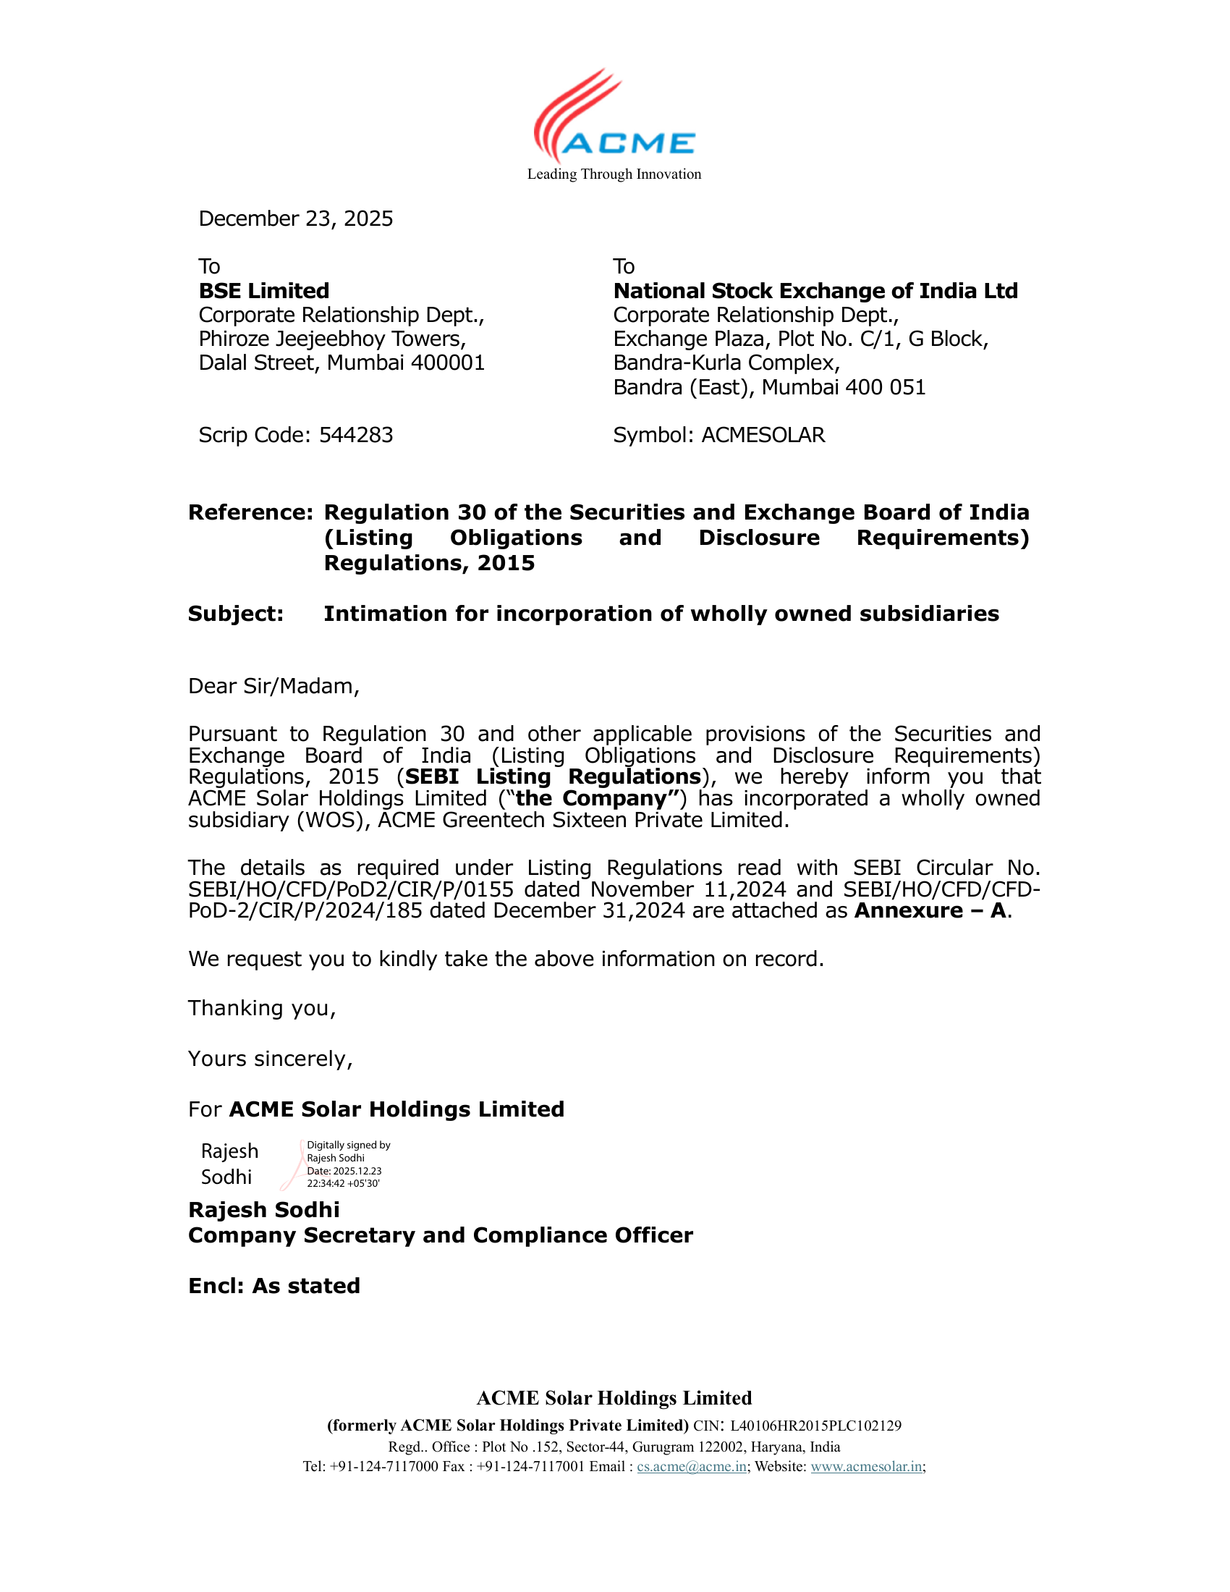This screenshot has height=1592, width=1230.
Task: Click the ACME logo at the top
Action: pyautogui.click(x=614, y=117)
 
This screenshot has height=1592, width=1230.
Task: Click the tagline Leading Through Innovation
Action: pyautogui.click(x=614, y=174)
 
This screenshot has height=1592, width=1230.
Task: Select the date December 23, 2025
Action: pyautogui.click(x=295, y=219)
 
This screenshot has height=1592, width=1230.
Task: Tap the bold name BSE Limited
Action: pyautogui.click(x=264, y=291)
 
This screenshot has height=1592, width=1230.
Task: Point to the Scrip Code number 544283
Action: pyautogui.click(x=356, y=435)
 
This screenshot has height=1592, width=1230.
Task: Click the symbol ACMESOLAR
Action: pyautogui.click(x=763, y=435)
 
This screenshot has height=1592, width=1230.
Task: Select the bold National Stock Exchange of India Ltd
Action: pyautogui.click(x=815, y=291)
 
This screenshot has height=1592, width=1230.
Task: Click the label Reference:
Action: pyautogui.click(x=250, y=512)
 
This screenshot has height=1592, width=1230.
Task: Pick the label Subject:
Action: pyautogui.click(x=235, y=614)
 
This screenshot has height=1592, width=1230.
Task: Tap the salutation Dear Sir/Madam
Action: pyautogui.click(x=273, y=686)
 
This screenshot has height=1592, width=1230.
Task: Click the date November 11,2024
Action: pyautogui.click(x=688, y=889)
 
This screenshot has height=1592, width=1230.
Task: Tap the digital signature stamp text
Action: pyautogui.click(x=347, y=1164)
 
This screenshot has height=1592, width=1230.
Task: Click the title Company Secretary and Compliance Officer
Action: pyautogui.click(x=440, y=1235)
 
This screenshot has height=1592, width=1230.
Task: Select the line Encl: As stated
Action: pyautogui.click(x=274, y=1285)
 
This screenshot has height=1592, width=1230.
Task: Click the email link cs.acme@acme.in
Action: pyautogui.click(x=692, y=1466)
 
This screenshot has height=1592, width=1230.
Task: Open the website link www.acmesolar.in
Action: pyautogui.click(x=866, y=1466)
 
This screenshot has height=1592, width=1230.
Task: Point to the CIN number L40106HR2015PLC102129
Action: pyautogui.click(x=815, y=1425)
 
